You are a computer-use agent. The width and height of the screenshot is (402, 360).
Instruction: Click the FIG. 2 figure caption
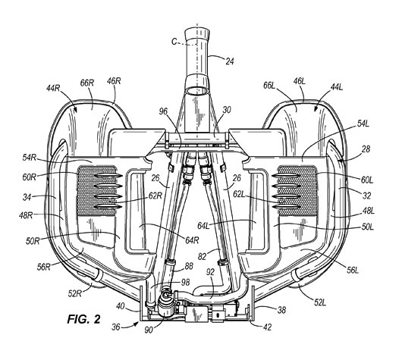click(84, 319)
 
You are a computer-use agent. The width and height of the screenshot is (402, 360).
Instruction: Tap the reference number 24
click(230, 61)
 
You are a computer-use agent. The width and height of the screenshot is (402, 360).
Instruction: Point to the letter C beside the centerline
click(174, 42)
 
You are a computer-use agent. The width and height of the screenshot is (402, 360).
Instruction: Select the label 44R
click(53, 88)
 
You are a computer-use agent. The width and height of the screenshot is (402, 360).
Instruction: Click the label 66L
click(269, 86)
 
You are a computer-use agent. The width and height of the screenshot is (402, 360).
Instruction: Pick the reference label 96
click(163, 111)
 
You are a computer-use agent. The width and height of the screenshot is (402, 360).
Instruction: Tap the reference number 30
click(227, 110)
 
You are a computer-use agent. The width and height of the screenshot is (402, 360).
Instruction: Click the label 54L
click(363, 124)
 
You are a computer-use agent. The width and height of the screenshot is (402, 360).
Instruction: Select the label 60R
click(29, 177)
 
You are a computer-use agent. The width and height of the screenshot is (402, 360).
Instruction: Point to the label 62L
click(239, 194)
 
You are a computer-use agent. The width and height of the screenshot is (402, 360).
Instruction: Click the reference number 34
click(27, 197)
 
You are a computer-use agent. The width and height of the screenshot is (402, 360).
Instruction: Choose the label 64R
click(192, 240)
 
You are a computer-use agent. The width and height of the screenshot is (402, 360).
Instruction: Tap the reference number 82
click(203, 256)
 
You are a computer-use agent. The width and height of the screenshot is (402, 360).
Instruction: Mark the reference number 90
click(149, 330)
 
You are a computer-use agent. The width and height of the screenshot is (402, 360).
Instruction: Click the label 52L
click(320, 302)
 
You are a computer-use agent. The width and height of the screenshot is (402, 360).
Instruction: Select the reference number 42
click(267, 327)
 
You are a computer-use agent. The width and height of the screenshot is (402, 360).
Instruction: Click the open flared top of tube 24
click(197, 33)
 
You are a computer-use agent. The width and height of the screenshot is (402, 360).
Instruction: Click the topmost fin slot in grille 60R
click(108, 176)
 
